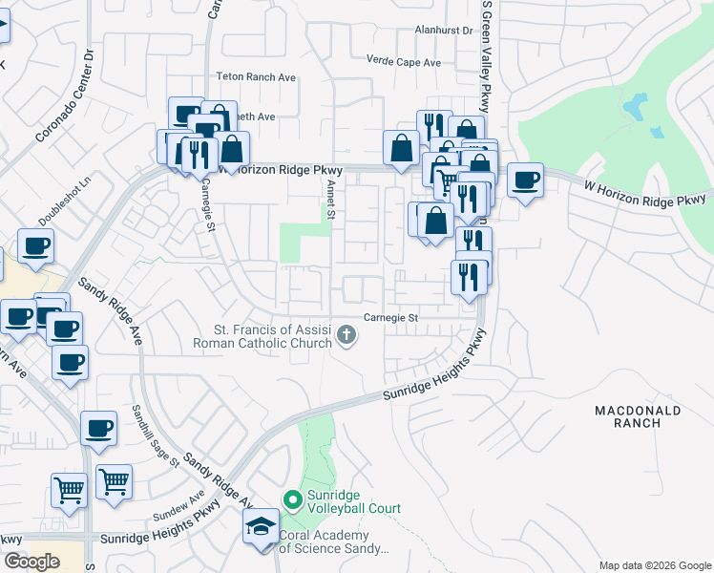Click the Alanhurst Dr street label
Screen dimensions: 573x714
click(x=444, y=31)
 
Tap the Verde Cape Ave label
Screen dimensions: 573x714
click(x=405, y=62)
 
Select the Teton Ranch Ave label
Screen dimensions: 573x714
click(x=257, y=76)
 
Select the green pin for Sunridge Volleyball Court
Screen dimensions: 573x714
click(x=292, y=499)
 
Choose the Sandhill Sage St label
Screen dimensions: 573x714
click(x=157, y=435)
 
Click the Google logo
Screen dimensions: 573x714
click(x=31, y=562)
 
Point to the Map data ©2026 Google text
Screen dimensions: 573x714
click(x=654, y=565)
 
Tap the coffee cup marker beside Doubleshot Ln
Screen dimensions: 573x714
click(x=35, y=247)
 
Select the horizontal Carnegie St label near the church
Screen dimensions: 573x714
click(x=391, y=318)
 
